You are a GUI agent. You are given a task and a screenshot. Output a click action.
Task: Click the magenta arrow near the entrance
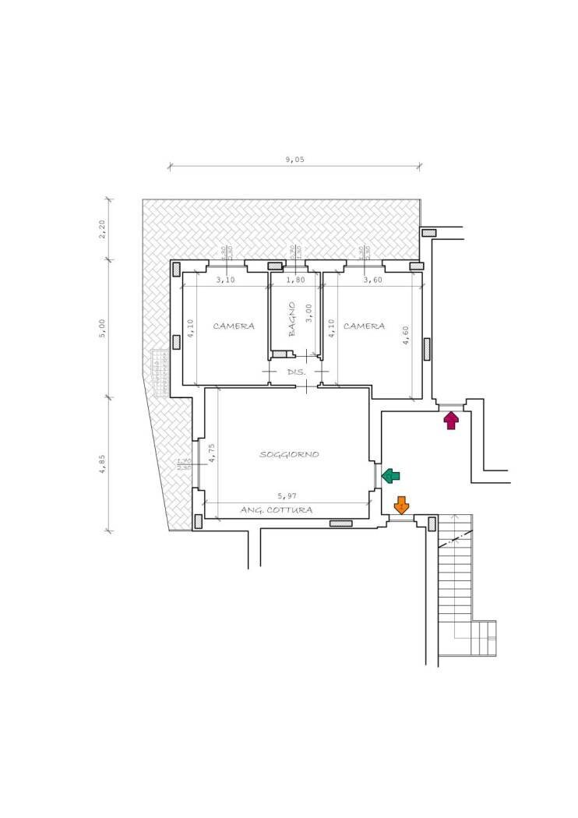coord(451,421)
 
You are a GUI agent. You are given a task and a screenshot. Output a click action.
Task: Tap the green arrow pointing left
coord(391,476)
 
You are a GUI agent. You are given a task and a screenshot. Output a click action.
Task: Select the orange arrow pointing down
coord(401,505)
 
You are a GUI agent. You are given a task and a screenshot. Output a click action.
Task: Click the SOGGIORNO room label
coord(289,454)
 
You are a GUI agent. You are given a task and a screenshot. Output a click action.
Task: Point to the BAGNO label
coord(292,319)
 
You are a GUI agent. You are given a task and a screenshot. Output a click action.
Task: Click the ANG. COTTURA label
coord(277,510)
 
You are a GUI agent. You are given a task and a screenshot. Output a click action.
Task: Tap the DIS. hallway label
coord(296,372)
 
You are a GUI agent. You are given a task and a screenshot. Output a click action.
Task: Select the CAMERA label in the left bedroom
coord(234,326)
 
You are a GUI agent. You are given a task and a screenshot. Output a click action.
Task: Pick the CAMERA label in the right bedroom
coord(364,326)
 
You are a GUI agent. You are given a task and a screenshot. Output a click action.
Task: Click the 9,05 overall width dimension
coord(294,159)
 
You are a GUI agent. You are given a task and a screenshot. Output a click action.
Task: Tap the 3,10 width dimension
coord(225,280)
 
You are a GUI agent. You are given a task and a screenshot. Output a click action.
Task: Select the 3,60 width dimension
coord(372,280)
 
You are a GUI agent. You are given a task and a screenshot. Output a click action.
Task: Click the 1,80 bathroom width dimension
coord(295,280)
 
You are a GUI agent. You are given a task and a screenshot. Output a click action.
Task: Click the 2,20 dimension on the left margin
coord(103,229)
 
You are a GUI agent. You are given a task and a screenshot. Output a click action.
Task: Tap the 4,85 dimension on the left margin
coord(103,464)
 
